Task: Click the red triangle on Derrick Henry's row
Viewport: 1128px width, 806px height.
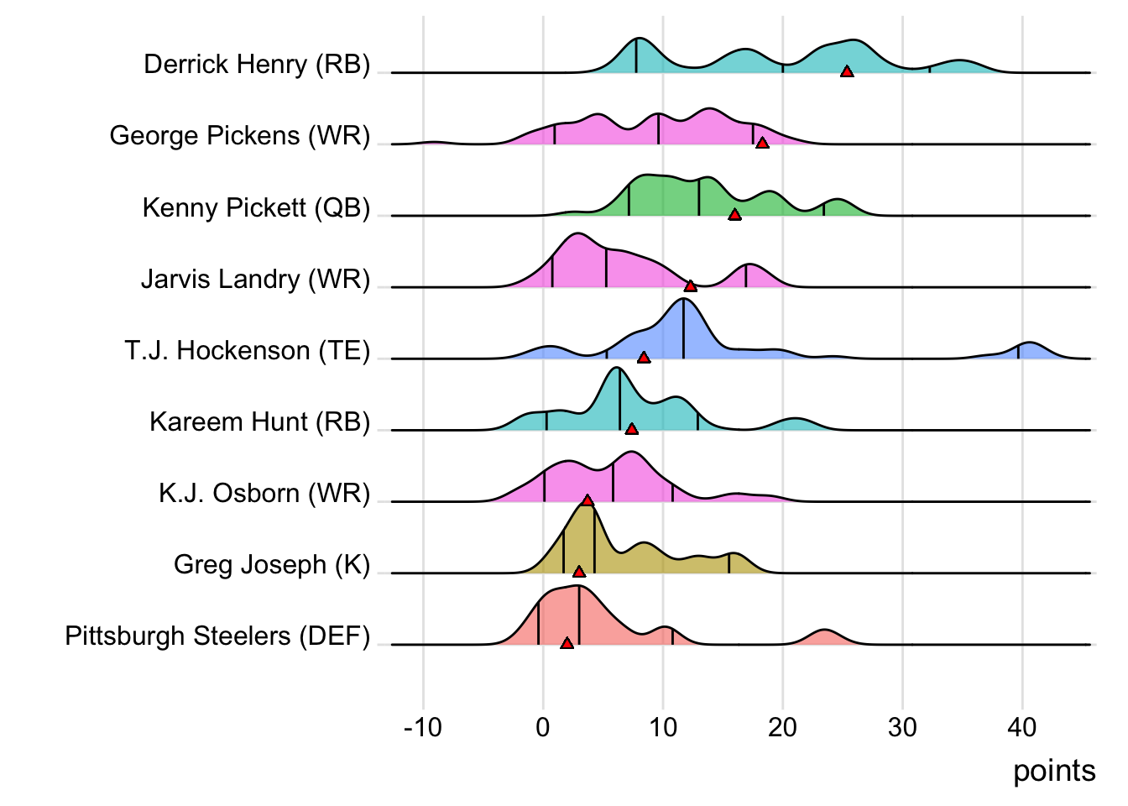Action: pos(847,72)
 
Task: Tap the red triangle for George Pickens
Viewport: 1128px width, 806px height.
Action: pos(762,144)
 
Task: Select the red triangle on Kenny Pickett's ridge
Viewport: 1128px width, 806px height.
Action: pos(734,215)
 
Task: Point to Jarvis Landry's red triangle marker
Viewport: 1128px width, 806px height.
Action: pos(690,286)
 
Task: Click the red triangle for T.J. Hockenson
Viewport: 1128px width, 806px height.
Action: pos(644,358)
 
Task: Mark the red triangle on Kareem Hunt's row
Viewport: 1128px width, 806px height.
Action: pos(632,429)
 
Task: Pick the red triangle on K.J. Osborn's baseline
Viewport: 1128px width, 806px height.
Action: pos(587,500)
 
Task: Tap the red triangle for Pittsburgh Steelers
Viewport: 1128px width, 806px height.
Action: pos(567,643)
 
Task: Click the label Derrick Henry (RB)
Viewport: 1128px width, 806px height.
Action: pos(257,65)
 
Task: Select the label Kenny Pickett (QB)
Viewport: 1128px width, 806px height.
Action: pos(256,207)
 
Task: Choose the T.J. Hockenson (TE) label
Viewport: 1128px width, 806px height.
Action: pos(248,350)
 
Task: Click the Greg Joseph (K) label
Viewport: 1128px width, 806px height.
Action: pos(272,564)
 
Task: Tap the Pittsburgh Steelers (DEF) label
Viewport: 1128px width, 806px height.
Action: pos(217,636)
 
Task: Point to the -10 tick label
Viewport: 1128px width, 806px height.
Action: pos(422,727)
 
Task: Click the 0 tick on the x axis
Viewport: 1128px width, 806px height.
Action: pos(543,727)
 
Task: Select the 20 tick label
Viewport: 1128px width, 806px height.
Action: pos(782,727)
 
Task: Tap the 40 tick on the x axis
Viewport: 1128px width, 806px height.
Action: pos(1021,727)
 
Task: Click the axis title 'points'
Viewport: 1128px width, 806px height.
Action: pos(1054,771)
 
